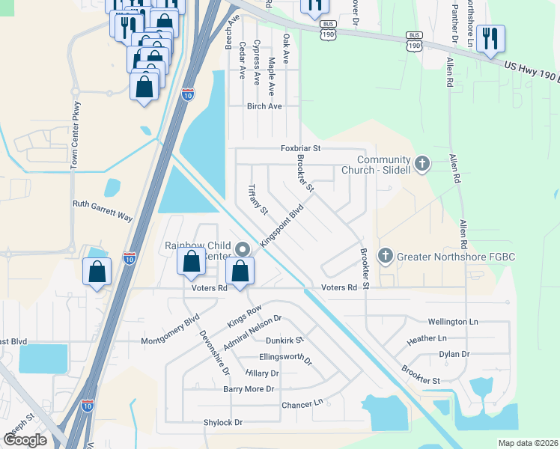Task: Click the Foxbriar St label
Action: pos(300,149)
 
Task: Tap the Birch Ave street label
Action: pos(264,106)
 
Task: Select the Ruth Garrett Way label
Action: pos(103,210)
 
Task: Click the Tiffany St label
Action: pos(258,199)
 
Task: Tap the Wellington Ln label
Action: pos(453,322)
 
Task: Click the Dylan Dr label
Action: pos(454,354)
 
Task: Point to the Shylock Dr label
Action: pos(223,422)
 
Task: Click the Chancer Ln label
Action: pos(302,404)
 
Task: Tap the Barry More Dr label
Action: pos(249,389)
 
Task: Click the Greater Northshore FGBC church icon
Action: pos(386,257)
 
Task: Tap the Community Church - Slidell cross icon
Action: pos(422,164)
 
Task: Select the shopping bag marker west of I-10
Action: pos(97,271)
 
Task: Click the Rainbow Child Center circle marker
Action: pos(242,249)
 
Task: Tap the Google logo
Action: pos(25,440)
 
